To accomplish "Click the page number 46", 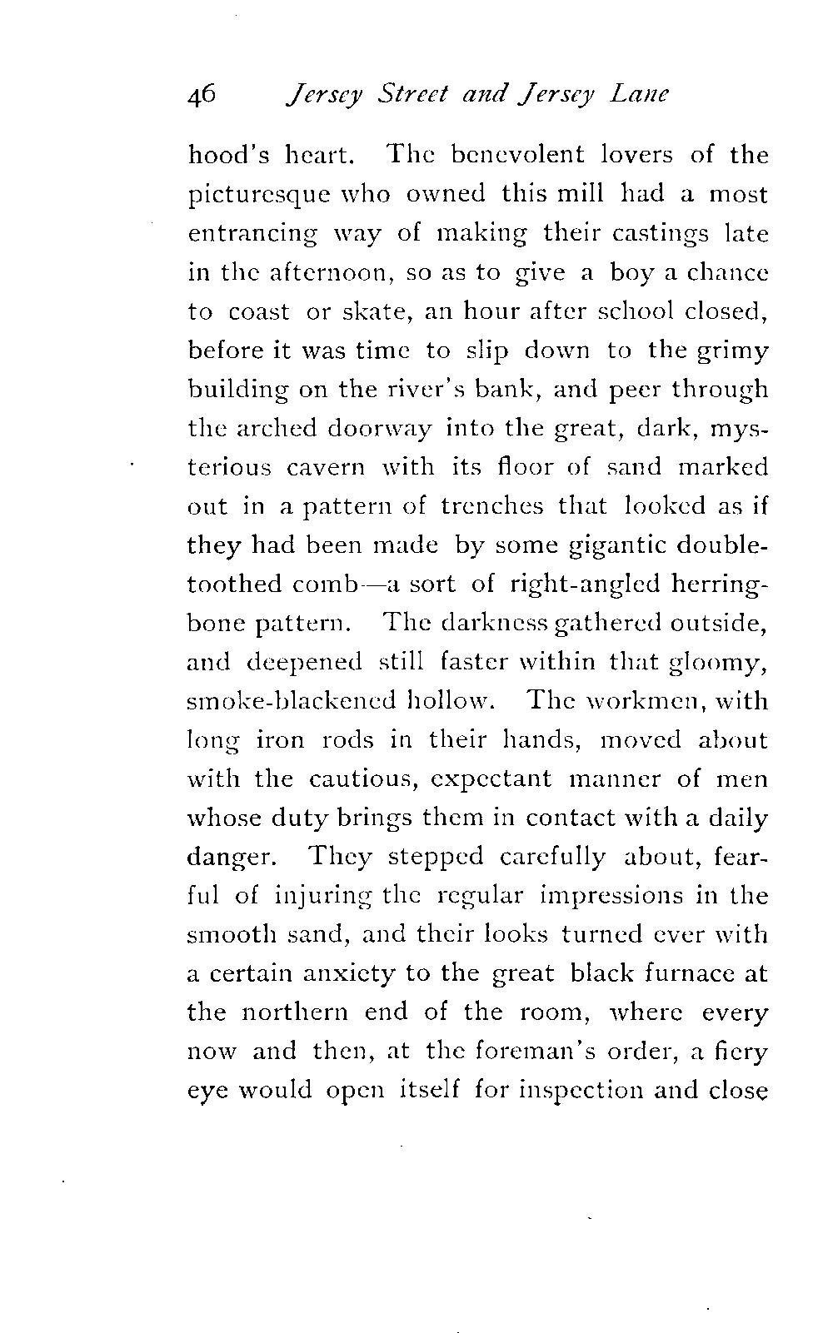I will click(203, 95).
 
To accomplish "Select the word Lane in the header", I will click(639, 95).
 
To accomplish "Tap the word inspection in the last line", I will click(566, 1090).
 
